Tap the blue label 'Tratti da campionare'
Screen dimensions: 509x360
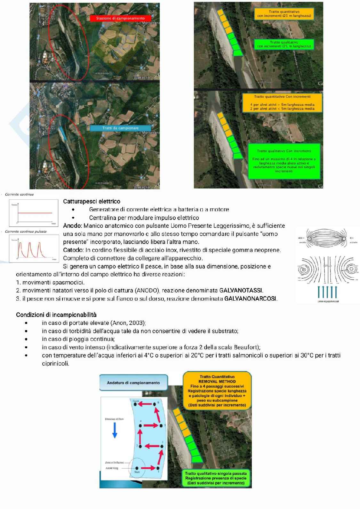pyautogui.click(x=120, y=128)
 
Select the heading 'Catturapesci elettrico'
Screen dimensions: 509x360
pyautogui.click(x=92, y=201)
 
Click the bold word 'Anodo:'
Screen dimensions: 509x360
pyautogui.click(x=73, y=226)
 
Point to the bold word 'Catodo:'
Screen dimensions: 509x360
pyautogui.click(x=74, y=250)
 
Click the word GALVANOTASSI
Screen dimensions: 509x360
pyautogui.click(x=241, y=291)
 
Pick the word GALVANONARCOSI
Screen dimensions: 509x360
pyautogui.click(x=251, y=299)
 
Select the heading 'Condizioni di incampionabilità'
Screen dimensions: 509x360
pyautogui.click(x=56, y=315)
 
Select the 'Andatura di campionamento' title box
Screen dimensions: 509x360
pyautogui.click(x=133, y=383)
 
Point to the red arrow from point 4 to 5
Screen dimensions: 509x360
pyautogui.click(x=150, y=425)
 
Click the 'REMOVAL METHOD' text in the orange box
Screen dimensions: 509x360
pyautogui.click(x=217, y=382)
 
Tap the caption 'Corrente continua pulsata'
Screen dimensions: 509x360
pyautogui.click(x=26, y=231)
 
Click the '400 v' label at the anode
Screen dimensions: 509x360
pyautogui.click(x=301, y=238)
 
